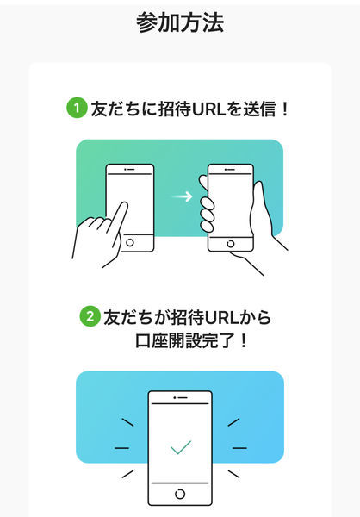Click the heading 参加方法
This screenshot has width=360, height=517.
pyautogui.click(x=180, y=23)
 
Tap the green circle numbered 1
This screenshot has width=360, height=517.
pyautogui.click(x=77, y=109)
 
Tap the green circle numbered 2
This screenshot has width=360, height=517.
pyautogui.click(x=90, y=317)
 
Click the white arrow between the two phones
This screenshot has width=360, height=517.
pyautogui.click(x=182, y=196)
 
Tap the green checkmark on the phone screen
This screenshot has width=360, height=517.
pyautogui.click(x=180, y=448)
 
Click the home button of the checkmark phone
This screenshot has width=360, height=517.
pyautogui.click(x=180, y=493)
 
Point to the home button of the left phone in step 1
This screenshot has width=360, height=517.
pyautogui.click(x=129, y=242)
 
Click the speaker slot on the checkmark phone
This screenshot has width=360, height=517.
pyautogui.click(x=180, y=399)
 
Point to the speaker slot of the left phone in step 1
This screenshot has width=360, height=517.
pyautogui.click(x=129, y=170)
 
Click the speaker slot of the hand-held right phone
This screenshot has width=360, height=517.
pyautogui.click(x=231, y=170)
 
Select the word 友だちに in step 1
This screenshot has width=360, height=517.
pyautogui.click(x=117, y=109)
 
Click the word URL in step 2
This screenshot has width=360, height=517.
pyautogui.click(x=223, y=317)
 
